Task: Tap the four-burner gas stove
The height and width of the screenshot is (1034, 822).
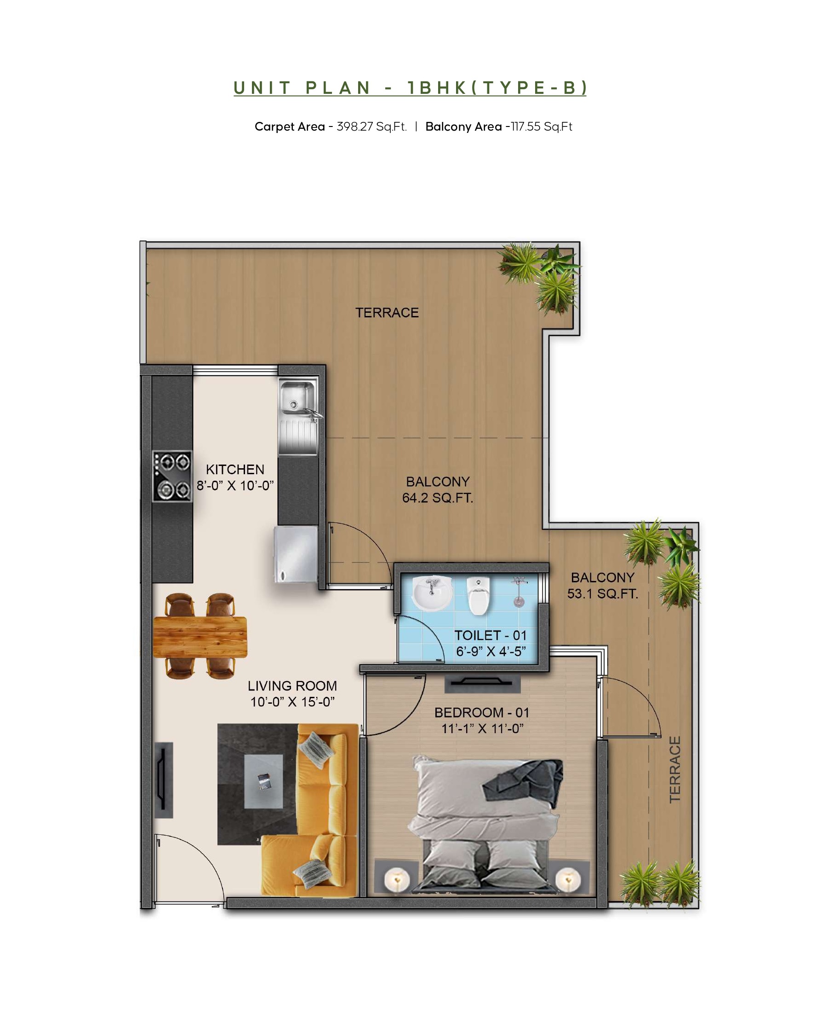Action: point(172,476)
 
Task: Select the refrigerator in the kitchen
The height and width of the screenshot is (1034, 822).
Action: point(296,554)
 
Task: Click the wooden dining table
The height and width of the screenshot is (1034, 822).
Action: point(200,637)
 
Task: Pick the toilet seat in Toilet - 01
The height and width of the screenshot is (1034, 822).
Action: point(478,596)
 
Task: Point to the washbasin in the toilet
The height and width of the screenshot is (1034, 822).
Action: point(432,593)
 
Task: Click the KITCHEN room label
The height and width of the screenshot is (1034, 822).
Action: point(235,470)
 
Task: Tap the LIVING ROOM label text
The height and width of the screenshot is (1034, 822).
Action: point(292,686)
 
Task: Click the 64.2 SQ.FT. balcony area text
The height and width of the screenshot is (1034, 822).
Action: point(438,498)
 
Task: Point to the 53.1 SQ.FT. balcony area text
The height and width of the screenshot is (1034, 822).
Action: point(603,594)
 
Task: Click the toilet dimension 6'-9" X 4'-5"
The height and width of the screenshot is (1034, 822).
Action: point(491,651)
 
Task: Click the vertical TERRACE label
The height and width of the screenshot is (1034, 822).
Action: point(675,770)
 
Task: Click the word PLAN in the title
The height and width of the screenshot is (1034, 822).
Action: point(338,88)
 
